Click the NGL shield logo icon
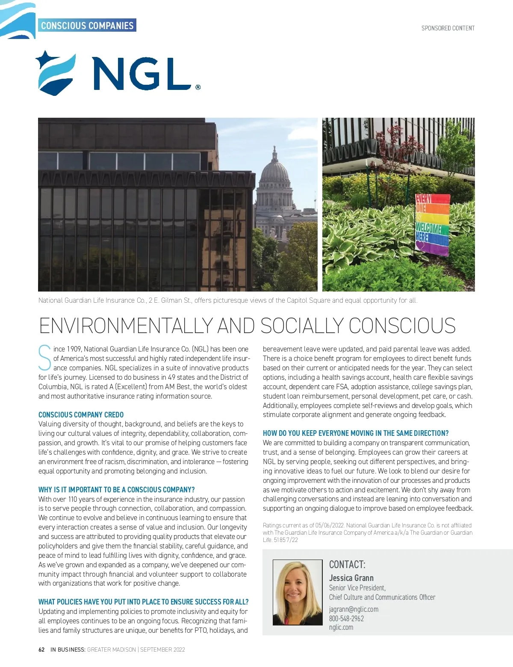pos(56,73)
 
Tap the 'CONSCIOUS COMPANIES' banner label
pos(87,26)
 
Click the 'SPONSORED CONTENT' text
pos(448,28)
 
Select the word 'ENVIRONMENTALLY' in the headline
pos(126,326)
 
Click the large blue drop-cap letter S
pos(44,358)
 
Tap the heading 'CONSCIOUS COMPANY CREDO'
pos(81,415)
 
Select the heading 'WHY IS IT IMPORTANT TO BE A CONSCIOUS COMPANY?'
pos(116,490)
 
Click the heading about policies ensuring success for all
pos(143,602)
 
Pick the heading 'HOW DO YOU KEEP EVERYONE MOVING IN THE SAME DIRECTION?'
pos(356,433)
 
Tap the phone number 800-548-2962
pos(346,619)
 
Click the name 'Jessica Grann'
pos(351,578)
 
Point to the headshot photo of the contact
pos(298,593)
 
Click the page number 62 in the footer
pos(41,649)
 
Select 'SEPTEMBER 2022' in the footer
pos(162,649)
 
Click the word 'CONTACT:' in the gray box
pos(347,564)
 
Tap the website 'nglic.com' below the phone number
pos(341,628)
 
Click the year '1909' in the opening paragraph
pos(74,349)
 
